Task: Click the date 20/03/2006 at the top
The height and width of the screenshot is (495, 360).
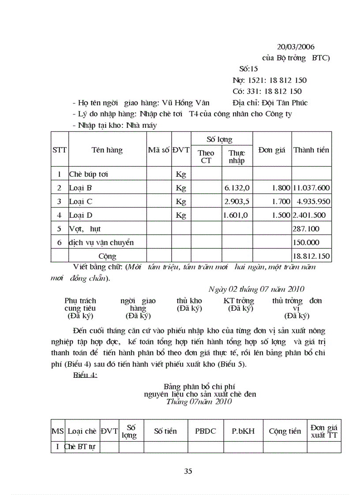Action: (x=296, y=47)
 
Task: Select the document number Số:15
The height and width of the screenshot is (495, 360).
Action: (x=248, y=69)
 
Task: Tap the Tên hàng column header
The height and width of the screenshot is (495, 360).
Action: (x=107, y=150)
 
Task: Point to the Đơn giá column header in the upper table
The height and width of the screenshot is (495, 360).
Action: (x=272, y=150)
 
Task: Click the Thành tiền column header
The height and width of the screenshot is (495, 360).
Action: (x=311, y=150)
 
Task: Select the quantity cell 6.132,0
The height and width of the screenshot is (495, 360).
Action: (x=237, y=188)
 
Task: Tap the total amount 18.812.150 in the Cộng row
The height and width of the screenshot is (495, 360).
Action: (x=311, y=256)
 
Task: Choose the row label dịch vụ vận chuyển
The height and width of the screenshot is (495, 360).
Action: (x=101, y=242)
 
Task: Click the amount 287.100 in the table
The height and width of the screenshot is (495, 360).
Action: (x=306, y=229)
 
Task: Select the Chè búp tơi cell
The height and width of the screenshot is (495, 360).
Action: (x=89, y=174)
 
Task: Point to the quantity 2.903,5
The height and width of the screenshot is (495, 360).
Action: (x=237, y=201)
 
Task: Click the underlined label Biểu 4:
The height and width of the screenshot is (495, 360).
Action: (x=85, y=375)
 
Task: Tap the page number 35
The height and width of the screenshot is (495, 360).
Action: (x=188, y=471)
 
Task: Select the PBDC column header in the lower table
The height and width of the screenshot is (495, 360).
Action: (x=206, y=431)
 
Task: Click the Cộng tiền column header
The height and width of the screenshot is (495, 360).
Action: (x=285, y=431)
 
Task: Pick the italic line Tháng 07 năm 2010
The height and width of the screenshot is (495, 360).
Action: (x=199, y=402)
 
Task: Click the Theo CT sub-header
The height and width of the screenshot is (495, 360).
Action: (x=206, y=157)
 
